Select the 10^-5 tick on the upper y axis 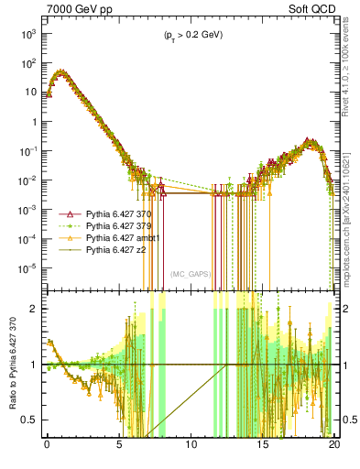pyautogui.click(x=28, y=268)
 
